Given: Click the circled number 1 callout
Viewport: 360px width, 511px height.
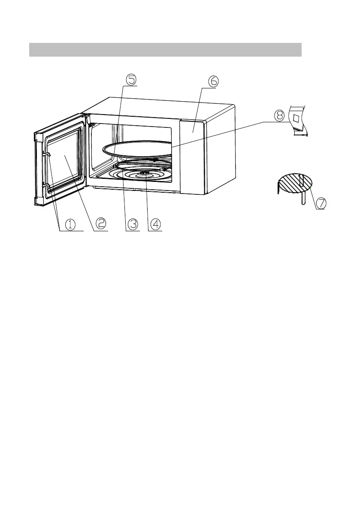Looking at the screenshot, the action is (x=70, y=224).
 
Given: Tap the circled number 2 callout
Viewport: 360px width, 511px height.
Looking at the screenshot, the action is (x=101, y=223).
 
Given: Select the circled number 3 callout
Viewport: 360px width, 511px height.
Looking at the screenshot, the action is (x=133, y=224).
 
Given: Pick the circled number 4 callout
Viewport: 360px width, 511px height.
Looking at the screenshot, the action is (x=155, y=224).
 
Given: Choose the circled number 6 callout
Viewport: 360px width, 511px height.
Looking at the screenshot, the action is (x=214, y=80).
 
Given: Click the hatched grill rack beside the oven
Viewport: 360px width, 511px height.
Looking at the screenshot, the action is (x=294, y=182).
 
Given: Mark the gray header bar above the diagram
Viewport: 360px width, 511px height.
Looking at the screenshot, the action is (x=165, y=49).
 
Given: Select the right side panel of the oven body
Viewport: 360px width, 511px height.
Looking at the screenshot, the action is (x=221, y=150).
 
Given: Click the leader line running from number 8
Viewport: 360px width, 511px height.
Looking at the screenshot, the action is (x=223, y=135).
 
